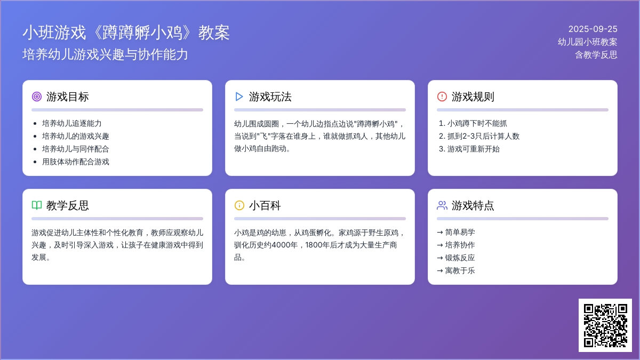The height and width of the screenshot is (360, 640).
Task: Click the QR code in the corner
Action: [605, 325]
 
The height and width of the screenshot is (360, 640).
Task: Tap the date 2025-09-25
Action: [593, 29]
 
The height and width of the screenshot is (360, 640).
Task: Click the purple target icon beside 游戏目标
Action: [37, 97]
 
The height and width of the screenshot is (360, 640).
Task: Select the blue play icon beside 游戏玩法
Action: [239, 97]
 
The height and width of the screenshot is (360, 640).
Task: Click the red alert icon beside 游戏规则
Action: [442, 97]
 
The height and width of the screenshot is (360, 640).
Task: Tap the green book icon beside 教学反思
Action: [37, 205]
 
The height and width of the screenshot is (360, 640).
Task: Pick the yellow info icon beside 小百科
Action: [239, 205]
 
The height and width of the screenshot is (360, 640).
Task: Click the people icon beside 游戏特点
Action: [442, 205]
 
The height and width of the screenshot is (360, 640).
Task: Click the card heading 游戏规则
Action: [473, 97]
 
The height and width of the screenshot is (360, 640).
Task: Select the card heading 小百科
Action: [265, 205]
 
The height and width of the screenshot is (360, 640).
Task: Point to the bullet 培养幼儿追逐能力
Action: [71, 123]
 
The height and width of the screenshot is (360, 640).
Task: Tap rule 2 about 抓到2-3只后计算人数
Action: [479, 137]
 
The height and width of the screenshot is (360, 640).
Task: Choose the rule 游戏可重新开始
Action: [469, 149]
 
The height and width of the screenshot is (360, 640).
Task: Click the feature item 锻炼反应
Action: [456, 258]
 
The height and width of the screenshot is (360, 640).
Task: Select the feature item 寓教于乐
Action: [456, 270]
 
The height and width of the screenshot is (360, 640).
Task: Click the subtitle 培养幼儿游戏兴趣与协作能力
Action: [105, 54]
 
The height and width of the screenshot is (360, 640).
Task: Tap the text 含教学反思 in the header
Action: [596, 55]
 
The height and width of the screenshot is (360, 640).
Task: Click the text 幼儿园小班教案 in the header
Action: [587, 42]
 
